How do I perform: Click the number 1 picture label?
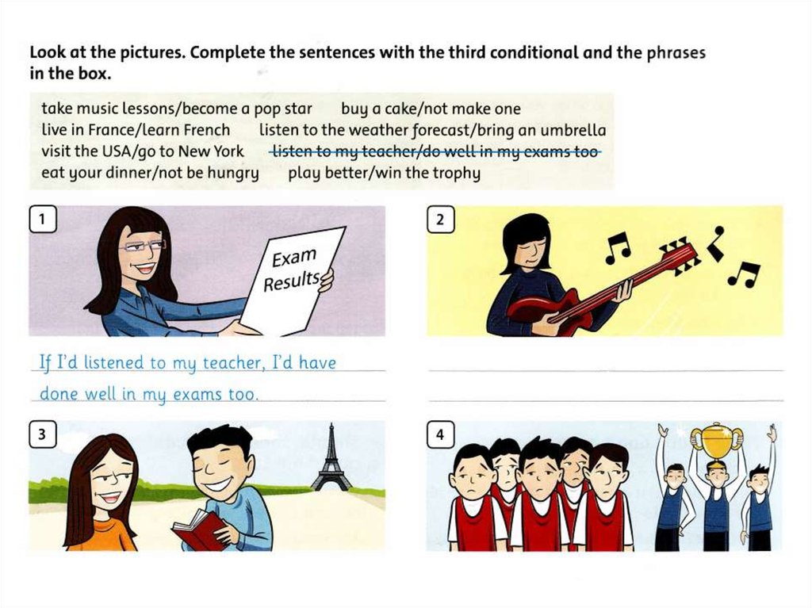click(x=43, y=219)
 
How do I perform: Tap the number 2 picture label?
click(x=440, y=219)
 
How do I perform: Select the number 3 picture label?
click(x=43, y=434)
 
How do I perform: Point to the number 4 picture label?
click(x=440, y=434)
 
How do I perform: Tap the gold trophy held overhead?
click(x=717, y=442)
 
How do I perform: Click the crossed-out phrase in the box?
click(x=435, y=151)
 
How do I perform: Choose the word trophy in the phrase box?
click(x=456, y=173)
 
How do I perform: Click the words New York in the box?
click(x=211, y=151)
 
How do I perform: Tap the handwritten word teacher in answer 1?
click(x=232, y=363)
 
